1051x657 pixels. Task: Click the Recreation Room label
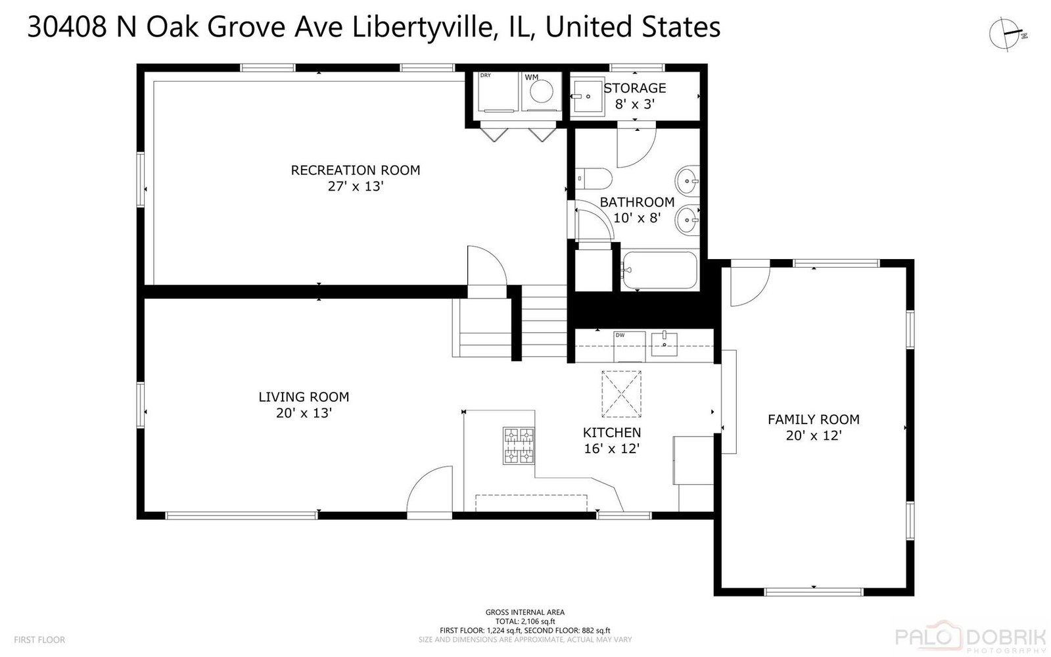click(355, 170)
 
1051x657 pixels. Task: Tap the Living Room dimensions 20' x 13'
click(304, 413)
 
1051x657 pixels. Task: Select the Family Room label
click(814, 420)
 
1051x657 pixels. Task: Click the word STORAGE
click(635, 88)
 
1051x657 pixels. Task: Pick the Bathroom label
click(637, 203)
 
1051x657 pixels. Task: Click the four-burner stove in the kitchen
click(519, 446)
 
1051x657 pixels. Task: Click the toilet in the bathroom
click(594, 178)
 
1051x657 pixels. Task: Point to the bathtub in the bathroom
click(659, 270)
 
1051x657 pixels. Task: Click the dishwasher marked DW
click(630, 347)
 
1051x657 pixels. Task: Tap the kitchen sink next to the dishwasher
click(665, 344)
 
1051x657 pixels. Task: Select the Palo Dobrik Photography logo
click(972, 637)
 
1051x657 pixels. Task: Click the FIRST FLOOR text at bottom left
click(39, 640)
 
